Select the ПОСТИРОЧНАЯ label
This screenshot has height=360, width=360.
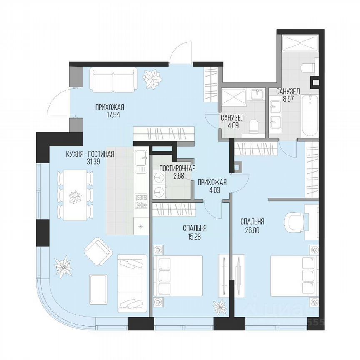pos(178,168)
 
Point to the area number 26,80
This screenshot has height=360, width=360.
pos(252,229)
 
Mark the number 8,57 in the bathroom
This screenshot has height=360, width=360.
pos(287,99)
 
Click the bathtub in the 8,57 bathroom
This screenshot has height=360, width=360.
pos(310,115)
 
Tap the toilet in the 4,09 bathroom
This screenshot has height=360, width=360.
pos(254,125)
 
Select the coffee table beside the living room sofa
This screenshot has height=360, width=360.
pos(99,287)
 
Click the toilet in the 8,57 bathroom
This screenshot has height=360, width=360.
pos(307,67)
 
